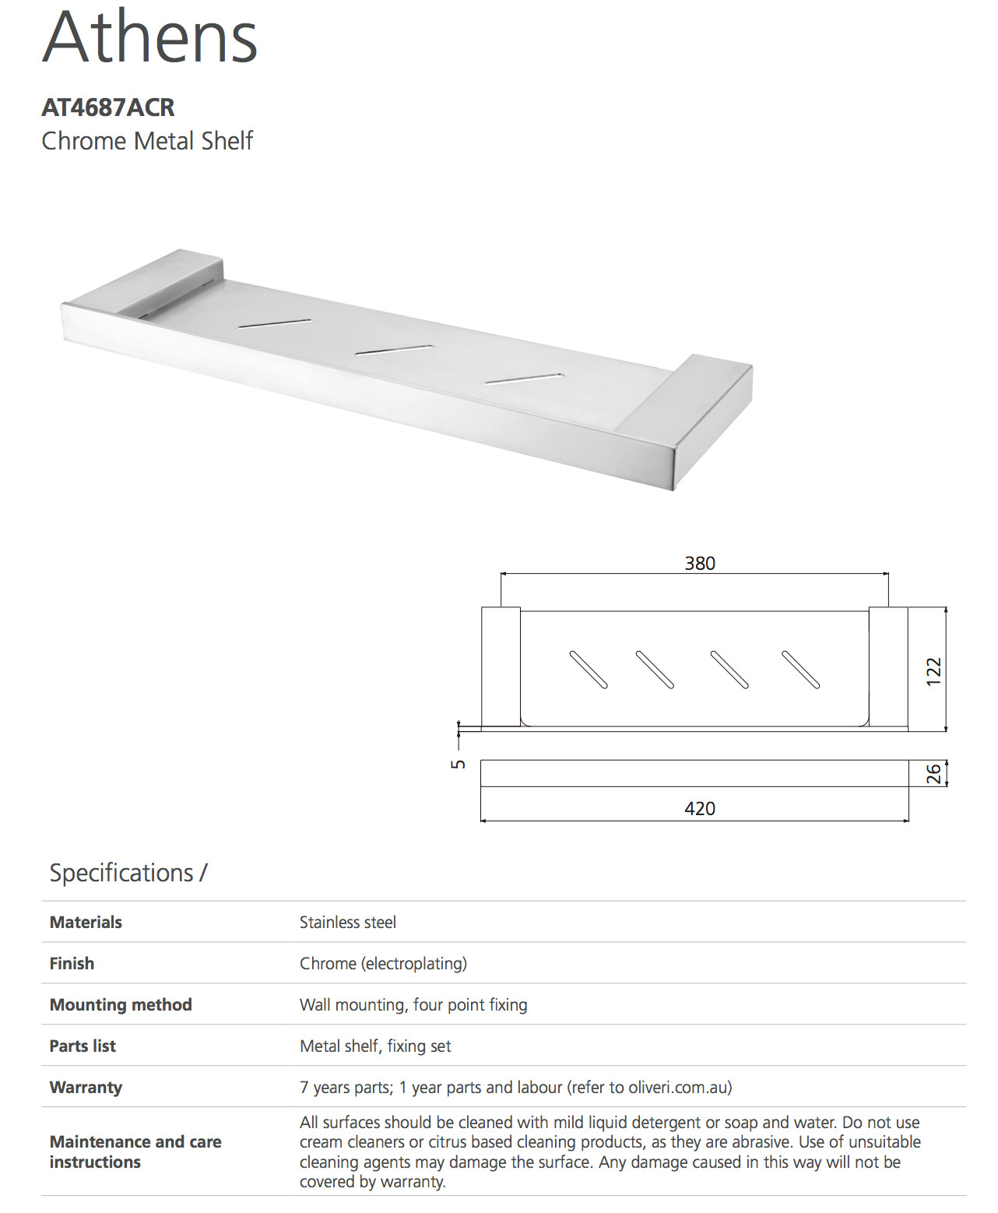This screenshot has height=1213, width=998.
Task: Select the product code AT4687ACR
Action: click(108, 107)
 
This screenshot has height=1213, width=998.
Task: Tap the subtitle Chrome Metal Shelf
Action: click(147, 141)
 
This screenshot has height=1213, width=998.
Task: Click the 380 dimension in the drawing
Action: click(699, 563)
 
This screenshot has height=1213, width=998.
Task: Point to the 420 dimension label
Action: click(699, 808)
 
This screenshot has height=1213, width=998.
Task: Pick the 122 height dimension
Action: click(933, 671)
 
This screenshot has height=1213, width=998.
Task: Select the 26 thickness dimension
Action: click(933, 773)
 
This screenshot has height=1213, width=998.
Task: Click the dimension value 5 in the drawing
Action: click(459, 764)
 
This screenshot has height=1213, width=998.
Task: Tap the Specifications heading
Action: click(128, 873)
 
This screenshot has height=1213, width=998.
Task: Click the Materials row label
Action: click(86, 923)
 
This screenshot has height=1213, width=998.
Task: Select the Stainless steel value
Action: click(348, 923)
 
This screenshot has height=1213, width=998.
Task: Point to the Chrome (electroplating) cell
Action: click(383, 964)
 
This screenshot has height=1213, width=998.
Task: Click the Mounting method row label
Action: click(121, 1005)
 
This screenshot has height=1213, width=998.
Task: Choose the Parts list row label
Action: click(83, 1046)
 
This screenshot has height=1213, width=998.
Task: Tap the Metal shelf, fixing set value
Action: click(375, 1046)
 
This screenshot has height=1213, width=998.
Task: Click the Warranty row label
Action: click(86, 1088)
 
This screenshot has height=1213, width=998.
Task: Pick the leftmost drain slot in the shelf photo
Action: click(275, 323)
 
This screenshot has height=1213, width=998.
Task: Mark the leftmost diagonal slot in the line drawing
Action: click(589, 670)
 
